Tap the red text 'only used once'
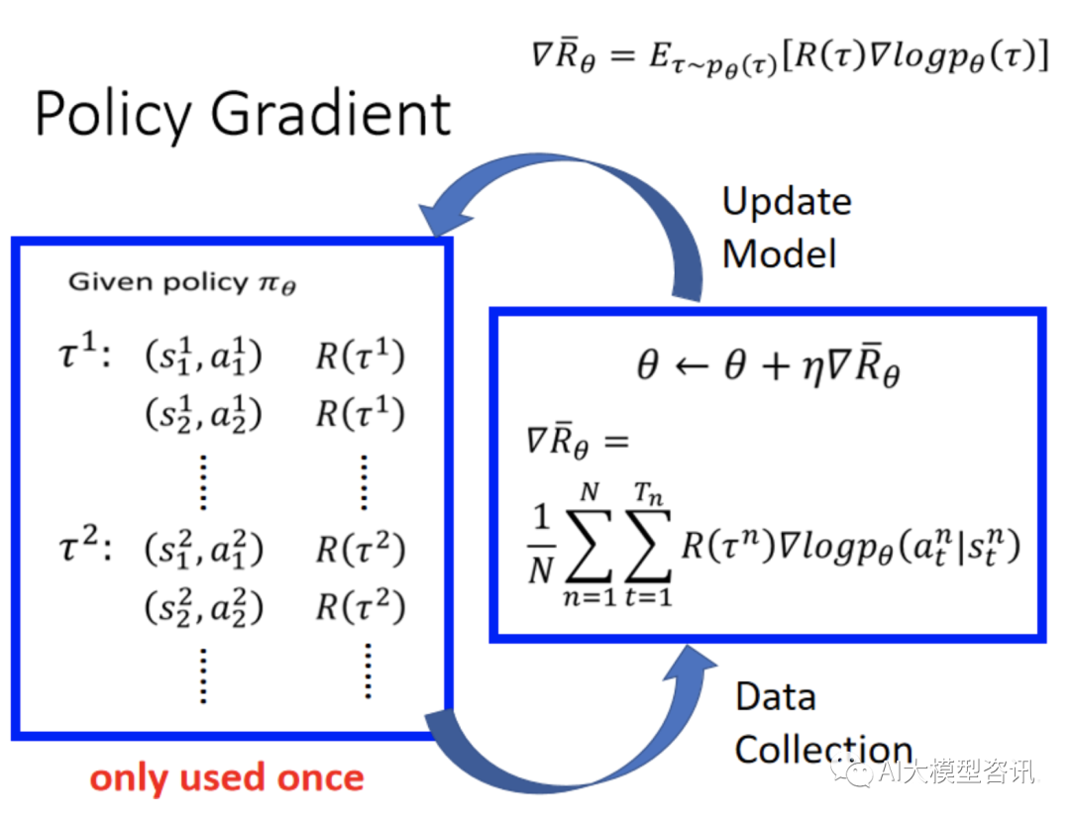pyautogui.click(x=227, y=777)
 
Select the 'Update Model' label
pyautogui.click(x=786, y=228)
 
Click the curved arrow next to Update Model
pyautogui.click(x=555, y=213)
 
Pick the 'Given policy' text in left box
pyautogui.click(x=182, y=282)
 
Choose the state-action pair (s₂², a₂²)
pyautogui.click(x=203, y=606)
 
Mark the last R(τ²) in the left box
pyautogui.click(x=360, y=606)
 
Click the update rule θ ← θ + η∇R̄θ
pyautogui.click(x=768, y=368)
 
